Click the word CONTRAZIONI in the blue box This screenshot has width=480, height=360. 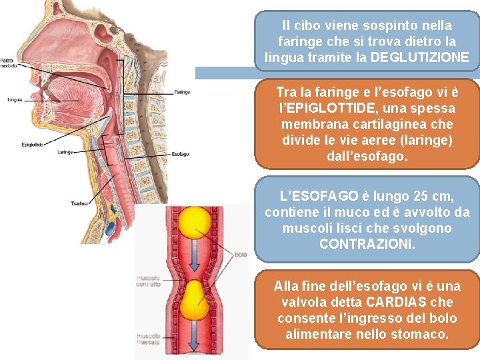pyautogui.click(x=367, y=244)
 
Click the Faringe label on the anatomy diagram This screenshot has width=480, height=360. pyautogui.click(x=181, y=91)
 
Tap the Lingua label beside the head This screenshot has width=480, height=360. pyautogui.click(x=15, y=100)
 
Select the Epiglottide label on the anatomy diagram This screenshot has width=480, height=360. pyautogui.click(x=33, y=144)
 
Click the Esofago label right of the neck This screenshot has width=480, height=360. pyautogui.click(x=180, y=154)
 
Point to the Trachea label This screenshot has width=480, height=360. pyautogui.click(x=80, y=203)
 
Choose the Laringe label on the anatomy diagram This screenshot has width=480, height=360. pyautogui.click(x=65, y=152)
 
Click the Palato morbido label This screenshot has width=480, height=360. pyautogui.click(x=9, y=64)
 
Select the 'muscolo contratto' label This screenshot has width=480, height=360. pyautogui.click(x=148, y=281)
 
